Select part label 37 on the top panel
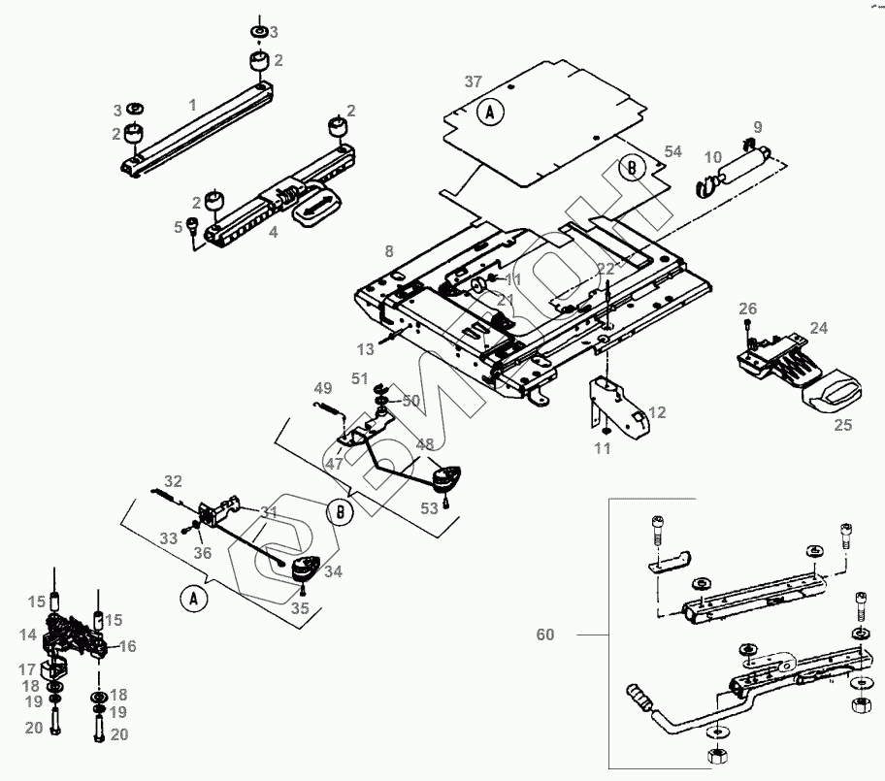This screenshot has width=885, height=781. tap(473, 81)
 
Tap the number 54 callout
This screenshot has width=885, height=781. tap(673, 152)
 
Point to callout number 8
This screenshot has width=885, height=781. tap(389, 251)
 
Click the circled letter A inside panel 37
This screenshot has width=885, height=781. tap(491, 113)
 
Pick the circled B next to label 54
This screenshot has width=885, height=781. tap(633, 168)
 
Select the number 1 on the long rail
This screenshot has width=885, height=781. tap(192, 103)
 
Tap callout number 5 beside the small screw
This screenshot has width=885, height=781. tap(179, 227)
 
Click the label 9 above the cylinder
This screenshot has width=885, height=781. tap(758, 127)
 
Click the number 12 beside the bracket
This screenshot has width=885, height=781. tap(657, 412)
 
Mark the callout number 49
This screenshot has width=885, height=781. tap(323, 390)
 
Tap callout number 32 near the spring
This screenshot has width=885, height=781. tap(173, 481)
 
